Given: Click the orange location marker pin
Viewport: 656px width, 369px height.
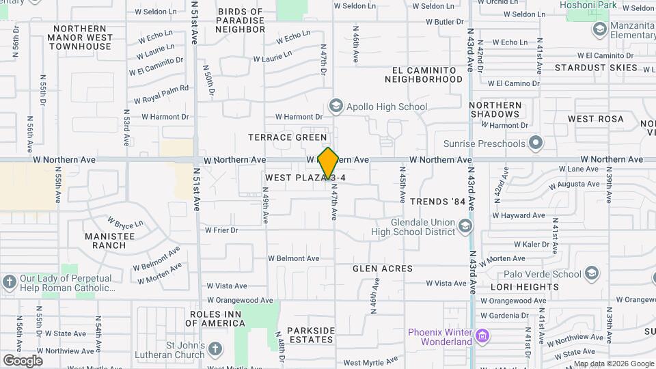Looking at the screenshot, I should pos(328,163).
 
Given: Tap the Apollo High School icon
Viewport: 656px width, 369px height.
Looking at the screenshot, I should pos(336,106).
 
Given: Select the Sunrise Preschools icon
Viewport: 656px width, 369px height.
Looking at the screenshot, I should pos(536,143).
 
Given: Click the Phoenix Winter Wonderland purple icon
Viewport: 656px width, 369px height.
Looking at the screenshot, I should pos(483,336).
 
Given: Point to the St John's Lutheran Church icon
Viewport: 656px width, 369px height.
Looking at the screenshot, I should pos(215,349).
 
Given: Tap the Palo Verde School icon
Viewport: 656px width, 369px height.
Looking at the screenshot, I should pos(592,274).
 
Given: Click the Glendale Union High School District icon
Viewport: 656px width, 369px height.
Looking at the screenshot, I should pos(465,225).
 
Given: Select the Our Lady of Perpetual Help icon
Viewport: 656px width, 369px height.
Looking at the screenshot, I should pos(10,282).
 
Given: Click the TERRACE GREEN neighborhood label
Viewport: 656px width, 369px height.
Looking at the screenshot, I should pos(287,137).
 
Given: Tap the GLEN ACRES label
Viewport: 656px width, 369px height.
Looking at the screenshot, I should pos(383,269).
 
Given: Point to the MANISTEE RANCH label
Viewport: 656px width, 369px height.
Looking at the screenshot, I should pos(105,240).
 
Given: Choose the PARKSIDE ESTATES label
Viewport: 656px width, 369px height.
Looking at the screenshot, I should pos(311,335).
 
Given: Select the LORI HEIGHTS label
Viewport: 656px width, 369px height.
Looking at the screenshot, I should pos(528,287).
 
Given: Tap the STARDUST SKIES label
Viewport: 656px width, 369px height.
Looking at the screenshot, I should pos(596,68).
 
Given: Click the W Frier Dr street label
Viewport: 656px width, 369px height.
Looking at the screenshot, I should pos(221,230).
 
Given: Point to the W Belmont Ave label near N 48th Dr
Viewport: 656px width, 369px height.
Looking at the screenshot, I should pos(294,258).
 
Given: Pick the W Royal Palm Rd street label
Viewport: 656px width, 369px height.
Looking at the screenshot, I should pos(161,94).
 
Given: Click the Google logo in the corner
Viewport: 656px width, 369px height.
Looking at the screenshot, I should pos(23,360).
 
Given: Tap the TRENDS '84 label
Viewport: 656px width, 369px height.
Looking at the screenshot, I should pos(437,202).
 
